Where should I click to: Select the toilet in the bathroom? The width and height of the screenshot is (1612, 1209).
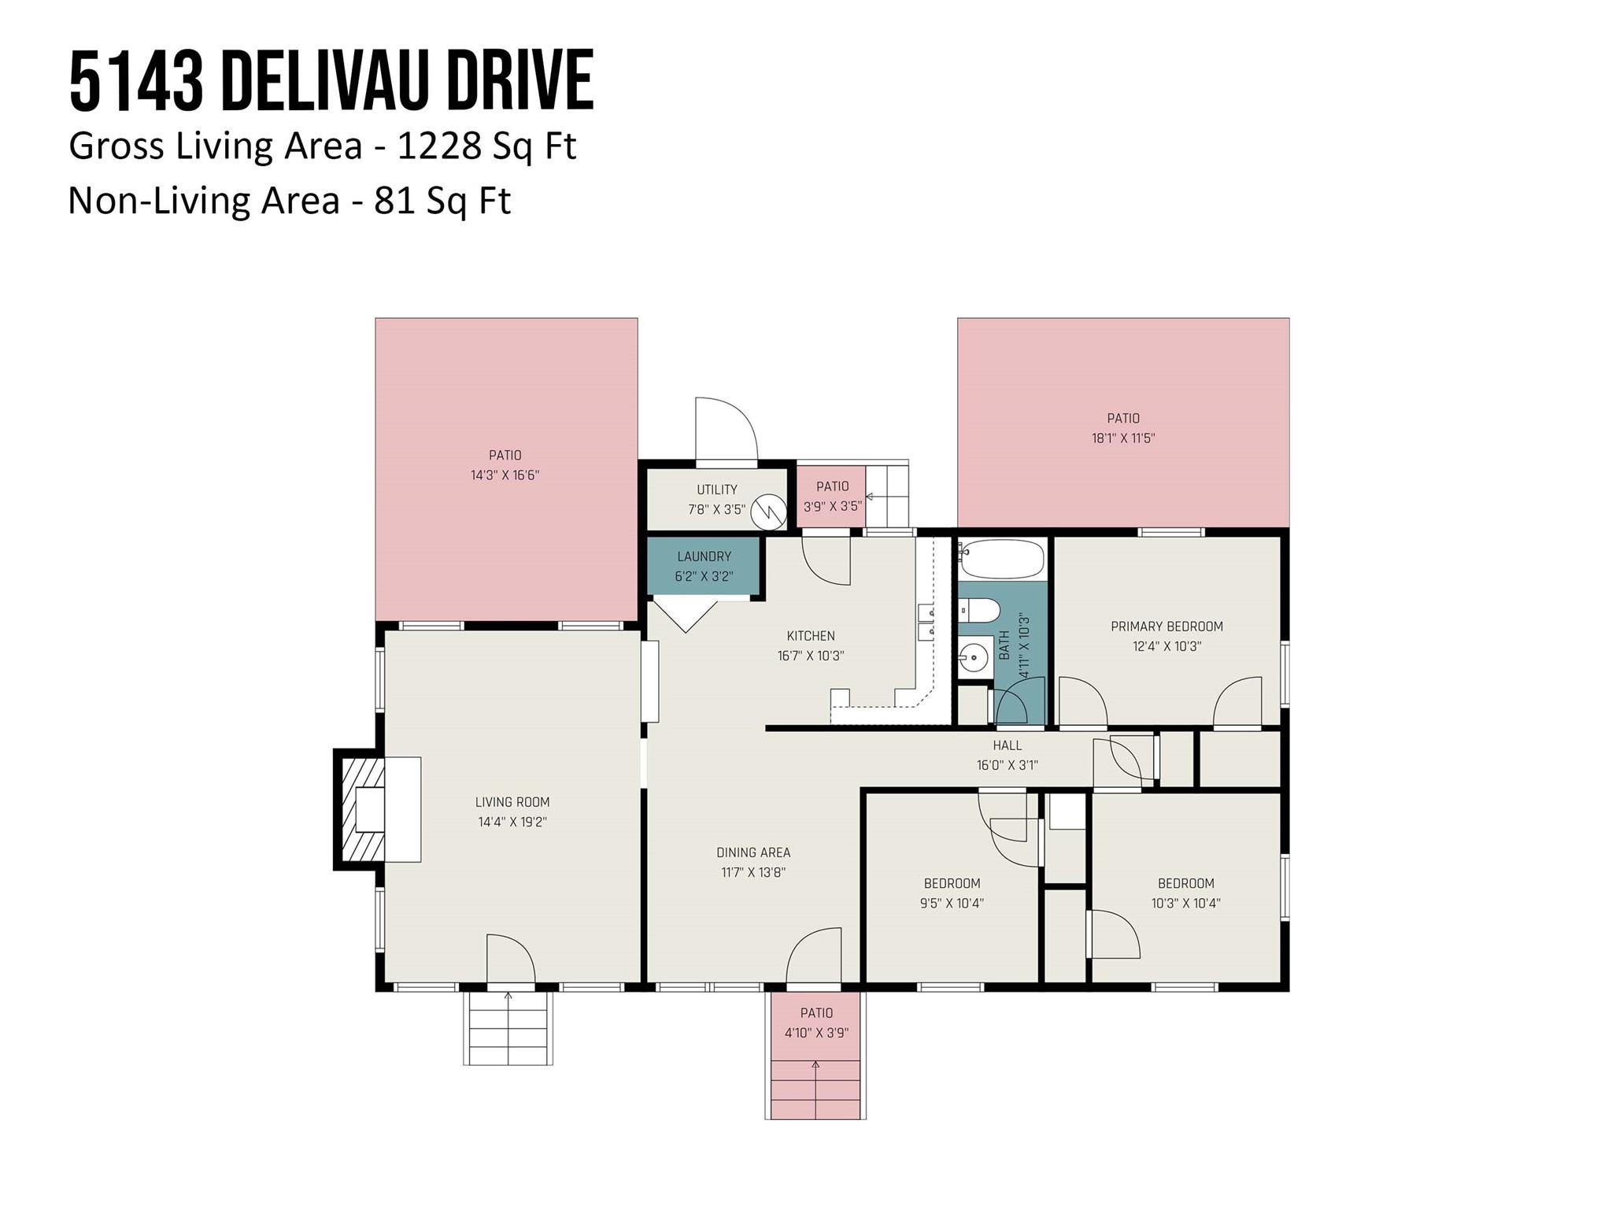[x=979, y=609]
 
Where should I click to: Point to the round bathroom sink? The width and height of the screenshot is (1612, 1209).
[x=974, y=655]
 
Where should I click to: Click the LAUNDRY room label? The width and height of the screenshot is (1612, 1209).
[x=704, y=556]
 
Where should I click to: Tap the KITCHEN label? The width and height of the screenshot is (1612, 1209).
[x=811, y=636]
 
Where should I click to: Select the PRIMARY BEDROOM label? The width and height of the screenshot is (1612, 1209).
[x=1166, y=627]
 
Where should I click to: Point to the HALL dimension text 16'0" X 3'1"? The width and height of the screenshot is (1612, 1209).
[x=1007, y=764]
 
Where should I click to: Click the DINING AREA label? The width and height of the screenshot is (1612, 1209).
[x=753, y=852]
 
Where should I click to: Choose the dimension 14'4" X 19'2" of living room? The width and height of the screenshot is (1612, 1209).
[x=512, y=822]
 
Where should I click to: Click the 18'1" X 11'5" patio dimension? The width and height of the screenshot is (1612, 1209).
[x=1123, y=438]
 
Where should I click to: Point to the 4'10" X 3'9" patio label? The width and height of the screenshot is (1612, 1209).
[x=816, y=1033]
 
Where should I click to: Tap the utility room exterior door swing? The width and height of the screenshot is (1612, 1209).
[x=726, y=429]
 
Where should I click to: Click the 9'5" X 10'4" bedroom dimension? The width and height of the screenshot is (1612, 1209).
[x=952, y=903]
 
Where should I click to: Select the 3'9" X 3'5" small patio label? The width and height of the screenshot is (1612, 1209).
[x=832, y=506]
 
